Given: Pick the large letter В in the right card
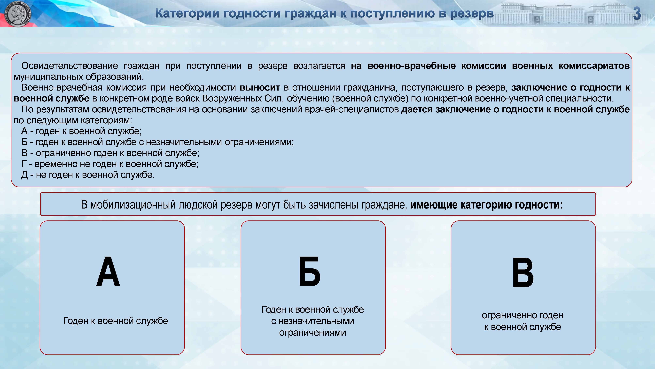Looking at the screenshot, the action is point(523,272).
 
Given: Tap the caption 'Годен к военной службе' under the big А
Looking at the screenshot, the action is point(116,321).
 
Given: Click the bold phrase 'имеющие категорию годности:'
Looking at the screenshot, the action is point(486,205).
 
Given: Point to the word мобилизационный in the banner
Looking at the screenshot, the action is point(133,205).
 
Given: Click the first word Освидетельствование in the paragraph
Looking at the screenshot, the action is point(69,66).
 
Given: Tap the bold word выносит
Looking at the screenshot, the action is point(260,87).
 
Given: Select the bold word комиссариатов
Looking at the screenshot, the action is point(594,66).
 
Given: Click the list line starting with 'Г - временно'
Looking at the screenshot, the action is point(110,164).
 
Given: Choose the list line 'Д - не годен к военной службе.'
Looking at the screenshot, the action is point(88,175).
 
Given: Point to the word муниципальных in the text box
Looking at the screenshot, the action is point(48,77).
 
